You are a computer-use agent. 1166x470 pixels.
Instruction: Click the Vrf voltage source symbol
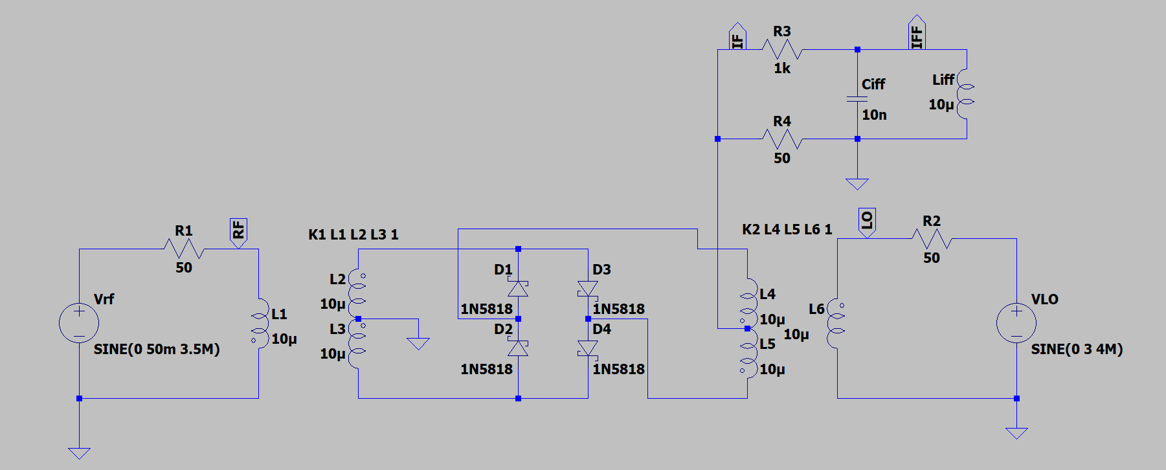[x=79, y=323]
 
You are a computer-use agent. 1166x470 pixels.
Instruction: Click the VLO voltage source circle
[x=1016, y=323]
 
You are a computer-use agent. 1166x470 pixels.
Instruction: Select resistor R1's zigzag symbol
[x=184, y=249]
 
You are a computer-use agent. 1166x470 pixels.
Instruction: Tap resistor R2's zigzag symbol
[x=931, y=239]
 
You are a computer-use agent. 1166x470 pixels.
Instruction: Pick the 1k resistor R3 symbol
[x=781, y=49]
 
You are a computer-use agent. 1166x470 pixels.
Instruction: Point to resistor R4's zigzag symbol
[x=781, y=139]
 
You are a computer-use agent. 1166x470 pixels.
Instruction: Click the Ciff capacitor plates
[x=857, y=99]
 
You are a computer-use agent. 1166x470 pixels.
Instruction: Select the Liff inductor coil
[x=965, y=94]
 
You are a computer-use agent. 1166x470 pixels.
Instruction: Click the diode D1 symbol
[x=518, y=288]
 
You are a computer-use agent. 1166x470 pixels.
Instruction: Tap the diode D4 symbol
[x=588, y=348]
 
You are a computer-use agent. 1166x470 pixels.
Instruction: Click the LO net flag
[x=867, y=222]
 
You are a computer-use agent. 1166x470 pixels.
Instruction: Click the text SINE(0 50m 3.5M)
[x=157, y=350]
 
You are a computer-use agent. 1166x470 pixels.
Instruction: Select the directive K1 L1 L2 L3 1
[x=353, y=234]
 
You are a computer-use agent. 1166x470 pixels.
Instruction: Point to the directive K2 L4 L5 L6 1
[x=787, y=229]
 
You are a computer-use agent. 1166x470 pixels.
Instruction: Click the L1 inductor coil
[x=260, y=324]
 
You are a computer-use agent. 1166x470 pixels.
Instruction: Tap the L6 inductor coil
[x=836, y=324]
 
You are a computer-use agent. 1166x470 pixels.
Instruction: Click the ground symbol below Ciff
[x=857, y=184]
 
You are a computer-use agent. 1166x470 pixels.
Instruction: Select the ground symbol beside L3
[x=418, y=343]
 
